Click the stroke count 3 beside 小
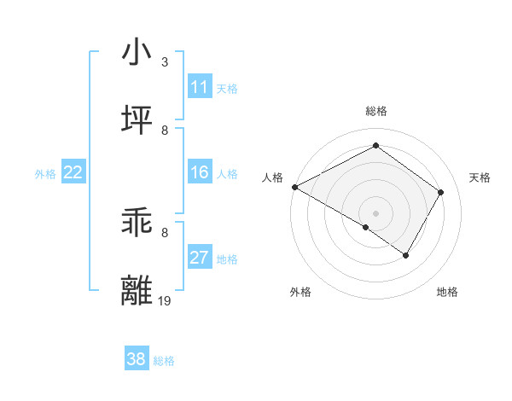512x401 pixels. tap(165, 62)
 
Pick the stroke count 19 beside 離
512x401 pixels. tap(166, 300)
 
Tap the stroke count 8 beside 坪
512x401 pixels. tap(165, 130)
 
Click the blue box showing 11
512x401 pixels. tap(200, 87)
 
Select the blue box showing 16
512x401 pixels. tap(200, 172)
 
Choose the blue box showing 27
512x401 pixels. tap(200, 258)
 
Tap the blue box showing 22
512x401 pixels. tap(73, 172)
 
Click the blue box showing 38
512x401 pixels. tap(137, 359)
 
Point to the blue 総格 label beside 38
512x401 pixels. tap(164, 361)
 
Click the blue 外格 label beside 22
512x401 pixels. tap(45, 174)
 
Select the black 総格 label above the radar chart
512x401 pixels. tap(376, 111)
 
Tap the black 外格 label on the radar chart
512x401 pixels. tap(300, 292)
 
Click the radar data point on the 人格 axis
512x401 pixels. tap(294, 187)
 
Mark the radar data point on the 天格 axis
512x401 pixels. tap(441, 192)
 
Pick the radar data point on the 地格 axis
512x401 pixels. tap(406, 255)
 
